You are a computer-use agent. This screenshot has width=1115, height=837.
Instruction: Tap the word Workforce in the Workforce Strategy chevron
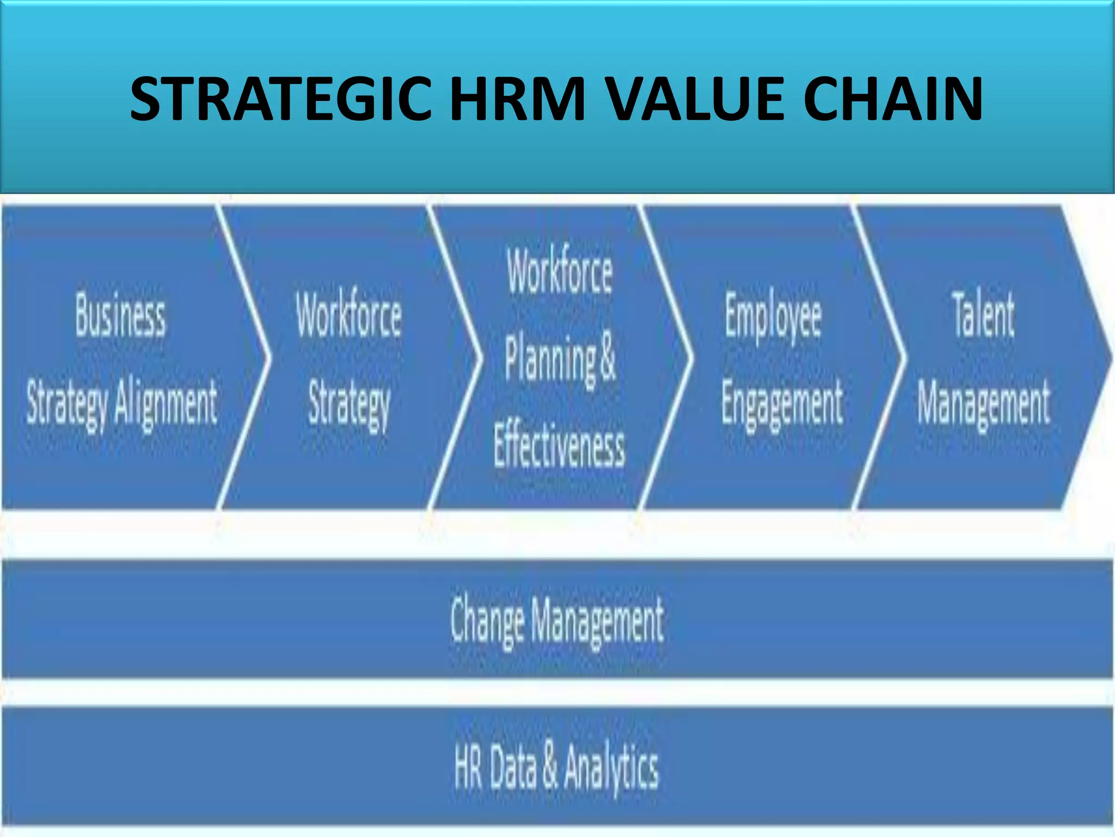[349, 315]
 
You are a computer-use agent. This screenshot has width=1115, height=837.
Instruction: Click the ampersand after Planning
[608, 357]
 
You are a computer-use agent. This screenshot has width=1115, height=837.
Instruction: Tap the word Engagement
[782, 404]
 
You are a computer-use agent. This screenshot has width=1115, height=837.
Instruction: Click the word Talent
[983, 315]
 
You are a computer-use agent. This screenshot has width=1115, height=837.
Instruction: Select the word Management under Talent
[983, 404]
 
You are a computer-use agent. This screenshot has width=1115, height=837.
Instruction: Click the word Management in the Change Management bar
[597, 620]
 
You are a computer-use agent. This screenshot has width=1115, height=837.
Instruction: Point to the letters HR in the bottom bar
[468, 767]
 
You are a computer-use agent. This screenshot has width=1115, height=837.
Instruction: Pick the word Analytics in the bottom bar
[611, 768]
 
